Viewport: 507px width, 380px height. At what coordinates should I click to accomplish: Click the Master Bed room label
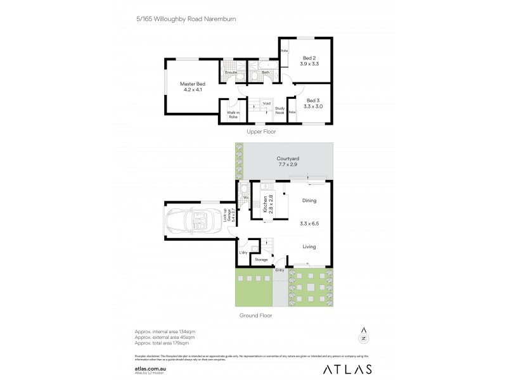coord(192,87)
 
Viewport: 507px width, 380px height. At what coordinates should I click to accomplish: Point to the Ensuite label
coord(231,73)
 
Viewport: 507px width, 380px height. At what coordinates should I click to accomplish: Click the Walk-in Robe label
coord(233,115)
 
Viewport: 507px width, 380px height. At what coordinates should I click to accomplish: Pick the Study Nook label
coord(279,110)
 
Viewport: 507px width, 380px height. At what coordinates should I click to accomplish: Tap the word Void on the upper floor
coord(267,103)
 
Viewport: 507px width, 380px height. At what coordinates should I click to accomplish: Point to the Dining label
coord(308,201)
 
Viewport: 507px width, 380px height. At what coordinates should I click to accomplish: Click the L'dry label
coord(243,253)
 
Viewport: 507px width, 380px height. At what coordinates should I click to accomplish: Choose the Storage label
coord(261,260)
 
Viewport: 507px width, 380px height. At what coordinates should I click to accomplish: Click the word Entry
coord(279,270)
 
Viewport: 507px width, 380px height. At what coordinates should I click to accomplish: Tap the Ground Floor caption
coord(256,315)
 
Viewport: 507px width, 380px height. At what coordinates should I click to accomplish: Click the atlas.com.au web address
coord(150,365)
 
